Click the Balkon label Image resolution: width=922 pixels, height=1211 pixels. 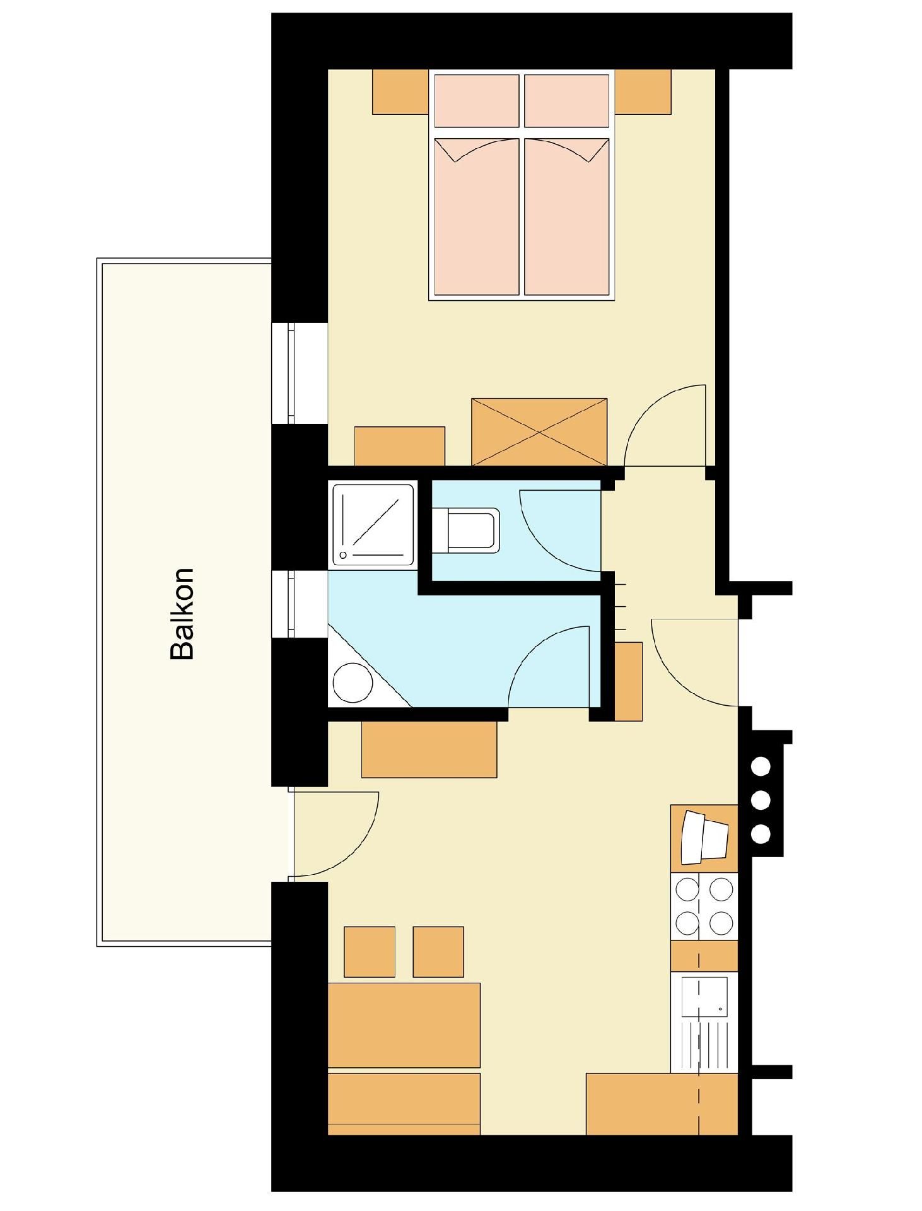click(182, 614)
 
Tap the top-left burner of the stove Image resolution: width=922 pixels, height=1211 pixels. click(687, 890)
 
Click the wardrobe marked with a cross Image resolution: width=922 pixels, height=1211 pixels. click(539, 432)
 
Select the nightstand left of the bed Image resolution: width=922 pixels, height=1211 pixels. click(400, 91)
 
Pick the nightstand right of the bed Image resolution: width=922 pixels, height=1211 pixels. click(643, 91)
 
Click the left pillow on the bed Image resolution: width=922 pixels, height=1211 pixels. click(477, 101)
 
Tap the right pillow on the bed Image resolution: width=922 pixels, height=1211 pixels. click(567, 101)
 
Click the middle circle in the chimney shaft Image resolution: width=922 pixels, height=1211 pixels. click(761, 800)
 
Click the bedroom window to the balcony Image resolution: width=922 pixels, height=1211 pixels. click(291, 373)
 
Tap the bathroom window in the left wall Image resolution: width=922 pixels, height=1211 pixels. click(291, 604)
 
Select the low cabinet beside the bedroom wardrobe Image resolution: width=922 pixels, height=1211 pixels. click(400, 447)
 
